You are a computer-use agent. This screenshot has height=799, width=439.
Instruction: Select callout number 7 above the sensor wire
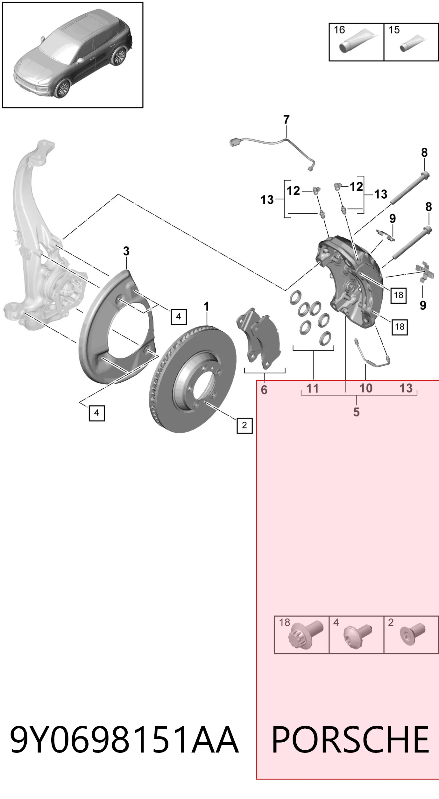coord(287,120)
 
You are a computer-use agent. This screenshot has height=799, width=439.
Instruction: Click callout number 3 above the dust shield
coord(126,251)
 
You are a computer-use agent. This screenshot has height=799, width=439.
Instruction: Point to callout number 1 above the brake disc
coord(207,307)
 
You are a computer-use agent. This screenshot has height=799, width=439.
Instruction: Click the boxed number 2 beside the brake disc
coord(244,425)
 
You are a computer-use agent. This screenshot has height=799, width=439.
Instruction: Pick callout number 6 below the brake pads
coord(264,390)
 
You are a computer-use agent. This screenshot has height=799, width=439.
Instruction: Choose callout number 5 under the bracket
coord(356,412)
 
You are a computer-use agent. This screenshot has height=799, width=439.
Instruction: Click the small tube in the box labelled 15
coord(413,44)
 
